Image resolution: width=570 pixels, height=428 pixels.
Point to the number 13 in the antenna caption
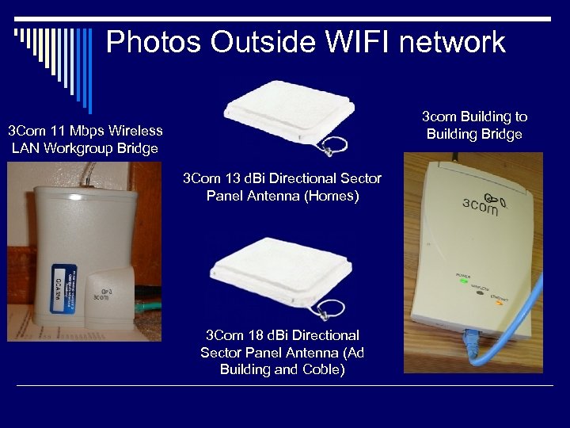(x=232, y=178)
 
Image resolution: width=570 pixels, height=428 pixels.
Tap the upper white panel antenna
(x=286, y=116)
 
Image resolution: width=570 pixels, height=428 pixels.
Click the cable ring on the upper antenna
(x=336, y=146)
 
